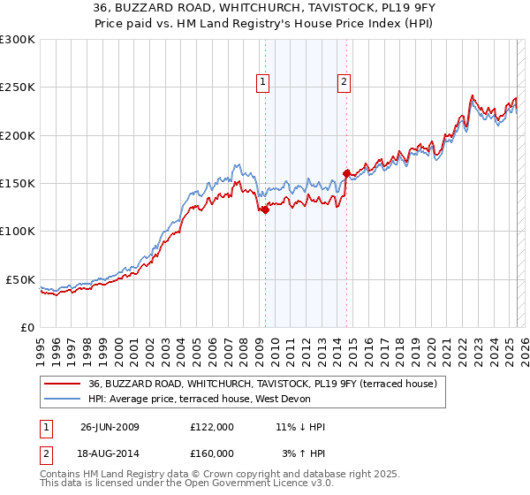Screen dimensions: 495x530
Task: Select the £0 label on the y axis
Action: (28, 327)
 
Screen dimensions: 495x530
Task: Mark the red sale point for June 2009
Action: (265, 209)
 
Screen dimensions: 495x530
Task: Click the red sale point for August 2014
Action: (346, 173)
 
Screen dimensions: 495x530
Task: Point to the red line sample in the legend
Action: (63, 385)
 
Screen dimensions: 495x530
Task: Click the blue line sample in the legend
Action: (63, 400)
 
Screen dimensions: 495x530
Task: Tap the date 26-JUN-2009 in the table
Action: (110, 427)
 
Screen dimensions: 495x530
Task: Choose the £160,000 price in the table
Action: (212, 453)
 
